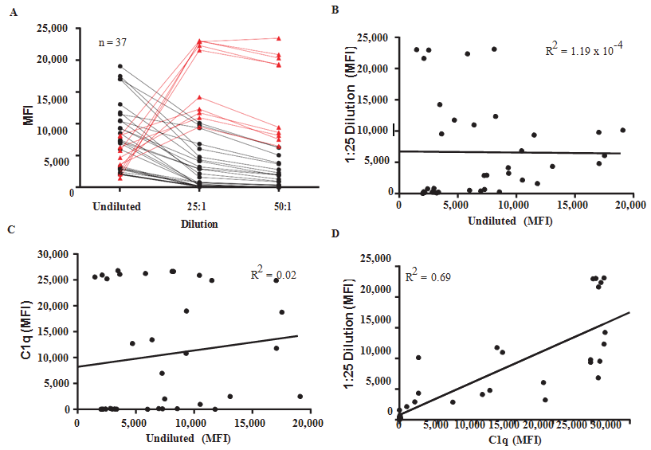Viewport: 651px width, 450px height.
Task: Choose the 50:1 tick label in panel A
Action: pos(279,206)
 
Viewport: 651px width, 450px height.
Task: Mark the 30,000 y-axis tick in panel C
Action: pos(53,255)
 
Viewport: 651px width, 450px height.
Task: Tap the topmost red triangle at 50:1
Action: pos(279,38)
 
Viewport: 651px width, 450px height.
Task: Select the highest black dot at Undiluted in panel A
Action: pos(120,66)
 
